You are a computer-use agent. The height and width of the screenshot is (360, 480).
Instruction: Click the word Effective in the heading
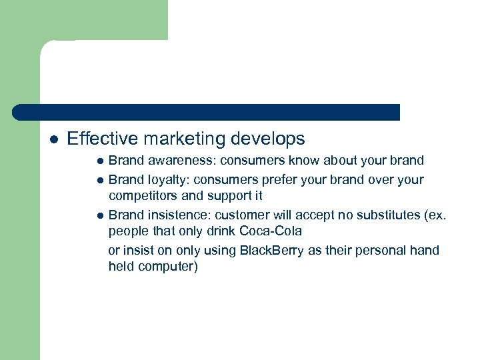[102, 139]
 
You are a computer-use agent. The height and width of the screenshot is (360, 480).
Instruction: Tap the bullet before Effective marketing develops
[53, 139]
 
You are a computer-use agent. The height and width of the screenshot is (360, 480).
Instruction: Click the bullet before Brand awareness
[99, 161]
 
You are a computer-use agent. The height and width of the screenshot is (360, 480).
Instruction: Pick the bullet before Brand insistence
[99, 215]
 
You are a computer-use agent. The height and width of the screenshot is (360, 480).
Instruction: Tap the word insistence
[173, 215]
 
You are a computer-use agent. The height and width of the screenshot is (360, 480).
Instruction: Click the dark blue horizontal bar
[207, 112]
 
